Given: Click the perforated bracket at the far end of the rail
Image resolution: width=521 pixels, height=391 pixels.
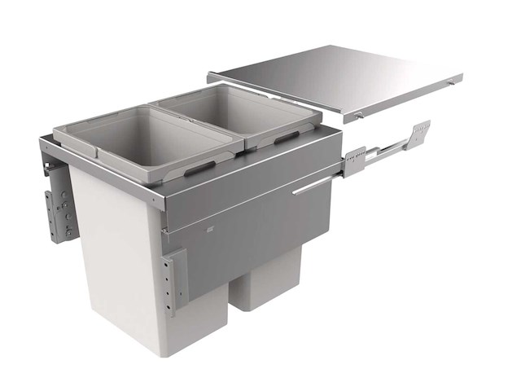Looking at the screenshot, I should coord(420,132).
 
